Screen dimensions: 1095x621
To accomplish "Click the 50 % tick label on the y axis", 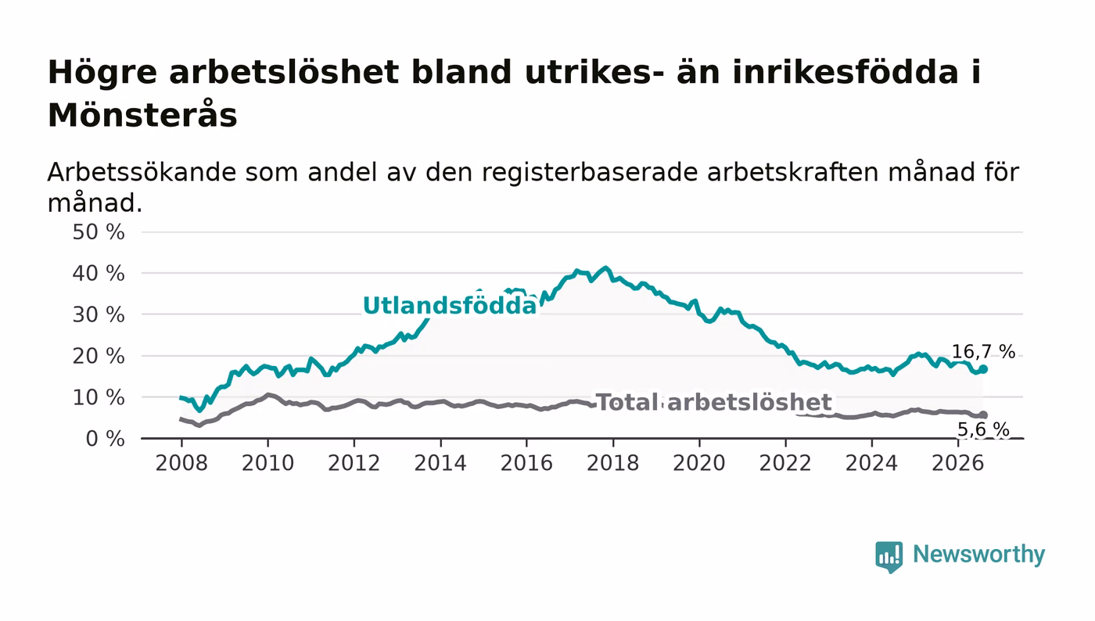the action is point(99,232).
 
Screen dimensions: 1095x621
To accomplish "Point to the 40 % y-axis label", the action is point(99,274).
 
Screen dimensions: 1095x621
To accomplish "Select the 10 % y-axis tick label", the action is point(99,398).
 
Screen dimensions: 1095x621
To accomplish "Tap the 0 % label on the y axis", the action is point(105,439).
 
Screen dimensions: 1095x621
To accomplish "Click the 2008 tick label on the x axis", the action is point(181,464).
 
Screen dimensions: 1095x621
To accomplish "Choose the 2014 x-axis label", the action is point(440,464).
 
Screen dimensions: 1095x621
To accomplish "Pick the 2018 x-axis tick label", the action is point(613,464).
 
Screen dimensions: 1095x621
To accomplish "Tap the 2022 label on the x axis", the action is point(785,464).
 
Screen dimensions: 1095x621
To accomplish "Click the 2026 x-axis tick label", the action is point(958,464).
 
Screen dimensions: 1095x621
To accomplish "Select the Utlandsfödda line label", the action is point(450,306).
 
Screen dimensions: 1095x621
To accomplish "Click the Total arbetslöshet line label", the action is point(714,403).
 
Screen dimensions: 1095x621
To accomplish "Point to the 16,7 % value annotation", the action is point(983,352).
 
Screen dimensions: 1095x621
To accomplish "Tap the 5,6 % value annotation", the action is point(983,430).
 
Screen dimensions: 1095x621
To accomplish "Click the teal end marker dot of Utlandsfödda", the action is point(983,369).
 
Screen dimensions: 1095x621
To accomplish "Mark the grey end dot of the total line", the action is point(983,415).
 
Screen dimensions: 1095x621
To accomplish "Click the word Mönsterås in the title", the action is point(142,116).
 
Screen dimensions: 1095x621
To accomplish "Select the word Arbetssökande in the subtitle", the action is point(142,172).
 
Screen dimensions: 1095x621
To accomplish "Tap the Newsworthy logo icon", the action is point(889,557).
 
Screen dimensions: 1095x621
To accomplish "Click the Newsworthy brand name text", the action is point(979,555).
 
